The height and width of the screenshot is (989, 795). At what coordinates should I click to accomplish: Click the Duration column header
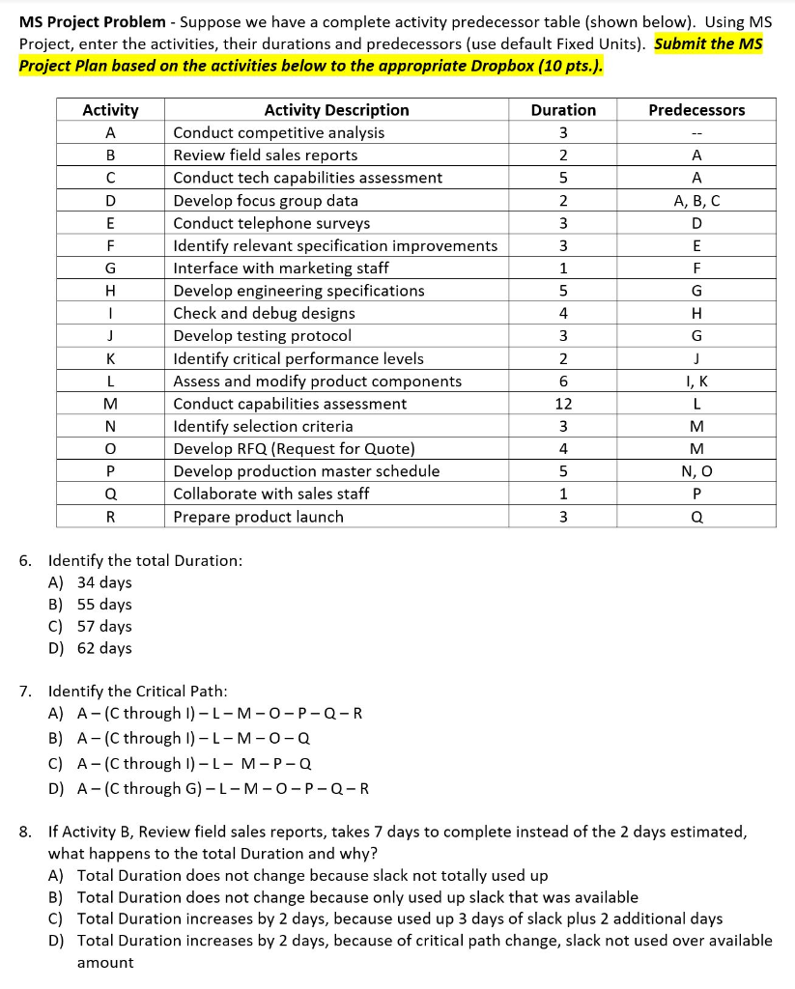pos(563,110)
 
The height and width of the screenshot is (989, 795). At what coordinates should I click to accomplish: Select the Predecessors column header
pos(696,110)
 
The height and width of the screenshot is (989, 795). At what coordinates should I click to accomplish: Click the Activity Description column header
pos(336,110)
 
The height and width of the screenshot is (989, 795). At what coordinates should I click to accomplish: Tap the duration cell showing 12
pos(563,404)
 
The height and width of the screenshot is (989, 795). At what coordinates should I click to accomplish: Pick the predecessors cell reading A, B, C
pos(696,201)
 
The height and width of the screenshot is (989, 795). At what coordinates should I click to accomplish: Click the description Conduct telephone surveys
pos(270,223)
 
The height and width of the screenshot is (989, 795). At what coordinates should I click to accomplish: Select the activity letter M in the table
pos(110,404)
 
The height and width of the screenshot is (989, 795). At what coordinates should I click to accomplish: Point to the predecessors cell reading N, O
pos(696,471)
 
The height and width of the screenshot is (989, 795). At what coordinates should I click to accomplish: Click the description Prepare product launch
pos(258,517)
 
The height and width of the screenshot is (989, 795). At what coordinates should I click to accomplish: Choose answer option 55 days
pos(103,605)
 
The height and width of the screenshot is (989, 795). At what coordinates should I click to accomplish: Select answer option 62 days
pos(103,648)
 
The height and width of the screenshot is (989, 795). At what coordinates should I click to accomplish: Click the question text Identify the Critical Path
pos(138,692)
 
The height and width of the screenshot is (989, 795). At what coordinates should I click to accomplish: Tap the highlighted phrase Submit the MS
pos(708,44)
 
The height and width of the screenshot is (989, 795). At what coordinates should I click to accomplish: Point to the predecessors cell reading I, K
pos(696,381)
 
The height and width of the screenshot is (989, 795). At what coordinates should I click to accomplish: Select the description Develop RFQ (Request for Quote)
pos(294,449)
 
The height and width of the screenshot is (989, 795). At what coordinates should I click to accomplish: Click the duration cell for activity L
pos(563,381)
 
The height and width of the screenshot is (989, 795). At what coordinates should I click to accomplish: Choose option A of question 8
pos(311,875)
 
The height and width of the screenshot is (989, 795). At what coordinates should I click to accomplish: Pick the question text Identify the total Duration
pos(145,560)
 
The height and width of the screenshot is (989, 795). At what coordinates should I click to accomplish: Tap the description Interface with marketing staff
pos(280,268)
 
